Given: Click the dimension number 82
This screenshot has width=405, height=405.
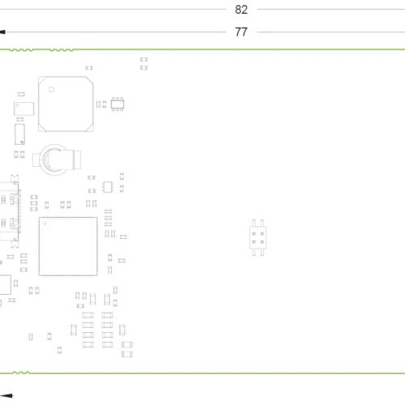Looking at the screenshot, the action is tap(241, 10).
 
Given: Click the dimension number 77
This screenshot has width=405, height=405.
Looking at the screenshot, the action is tap(241, 32).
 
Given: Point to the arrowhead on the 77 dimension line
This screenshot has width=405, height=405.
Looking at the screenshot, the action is tap(2, 32).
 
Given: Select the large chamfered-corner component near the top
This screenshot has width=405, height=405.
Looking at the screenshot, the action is tap(66, 104).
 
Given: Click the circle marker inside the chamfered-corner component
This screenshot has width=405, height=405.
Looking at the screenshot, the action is tap(51, 90).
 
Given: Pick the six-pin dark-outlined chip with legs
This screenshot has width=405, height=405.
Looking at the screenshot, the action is tap(117, 104).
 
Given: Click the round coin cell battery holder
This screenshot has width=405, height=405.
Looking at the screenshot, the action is tap(56, 160).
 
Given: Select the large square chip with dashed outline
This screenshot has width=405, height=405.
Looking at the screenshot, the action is tap(68, 246).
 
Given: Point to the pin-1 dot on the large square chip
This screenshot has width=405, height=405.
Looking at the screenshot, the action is tap(45, 223).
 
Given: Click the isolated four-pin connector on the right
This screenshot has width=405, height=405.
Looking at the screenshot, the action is tap(258, 237).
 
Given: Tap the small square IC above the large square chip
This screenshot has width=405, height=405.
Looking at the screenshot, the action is tap(108, 187).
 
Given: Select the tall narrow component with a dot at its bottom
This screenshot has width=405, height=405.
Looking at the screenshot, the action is tap(19, 134).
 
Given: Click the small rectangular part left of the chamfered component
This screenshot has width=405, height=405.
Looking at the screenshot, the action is tap(23, 109).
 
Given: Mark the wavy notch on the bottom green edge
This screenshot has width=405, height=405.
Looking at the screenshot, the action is tap(21, 373).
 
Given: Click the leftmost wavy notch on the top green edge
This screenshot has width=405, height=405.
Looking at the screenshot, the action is tap(21, 50).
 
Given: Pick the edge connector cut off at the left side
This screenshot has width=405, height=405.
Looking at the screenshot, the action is tap(10, 211).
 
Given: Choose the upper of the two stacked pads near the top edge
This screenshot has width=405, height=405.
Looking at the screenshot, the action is tap(143, 59).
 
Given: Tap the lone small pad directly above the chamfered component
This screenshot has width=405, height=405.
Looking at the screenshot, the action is tap(89, 67).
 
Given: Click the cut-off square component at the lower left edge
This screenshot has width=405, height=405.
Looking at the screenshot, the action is tap(6, 284).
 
